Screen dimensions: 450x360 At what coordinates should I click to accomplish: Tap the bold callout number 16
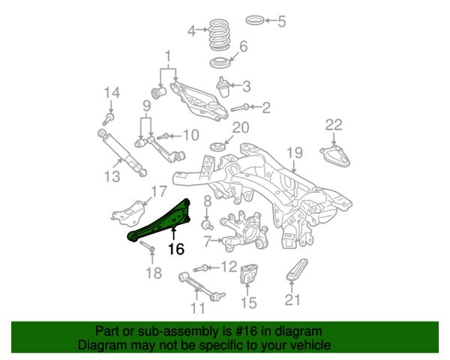176,249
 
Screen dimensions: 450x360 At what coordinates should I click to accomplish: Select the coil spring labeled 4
220,34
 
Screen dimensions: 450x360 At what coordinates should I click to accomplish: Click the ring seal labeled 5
255,20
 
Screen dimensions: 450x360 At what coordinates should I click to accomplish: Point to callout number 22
334,125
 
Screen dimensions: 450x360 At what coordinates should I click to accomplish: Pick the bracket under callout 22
336,156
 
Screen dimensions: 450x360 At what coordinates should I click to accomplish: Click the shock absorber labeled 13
122,153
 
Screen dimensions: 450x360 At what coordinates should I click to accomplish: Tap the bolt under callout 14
108,119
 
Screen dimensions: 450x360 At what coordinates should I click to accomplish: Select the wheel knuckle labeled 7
244,232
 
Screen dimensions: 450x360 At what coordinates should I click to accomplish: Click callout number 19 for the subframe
295,153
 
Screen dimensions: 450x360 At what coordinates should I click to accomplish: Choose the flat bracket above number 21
297,269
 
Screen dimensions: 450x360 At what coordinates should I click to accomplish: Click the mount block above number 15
248,274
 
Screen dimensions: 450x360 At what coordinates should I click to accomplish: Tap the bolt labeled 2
239,108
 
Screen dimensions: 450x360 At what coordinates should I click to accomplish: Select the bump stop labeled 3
223,86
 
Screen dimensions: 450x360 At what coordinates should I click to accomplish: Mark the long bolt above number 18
148,247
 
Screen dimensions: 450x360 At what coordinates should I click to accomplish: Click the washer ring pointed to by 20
218,147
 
